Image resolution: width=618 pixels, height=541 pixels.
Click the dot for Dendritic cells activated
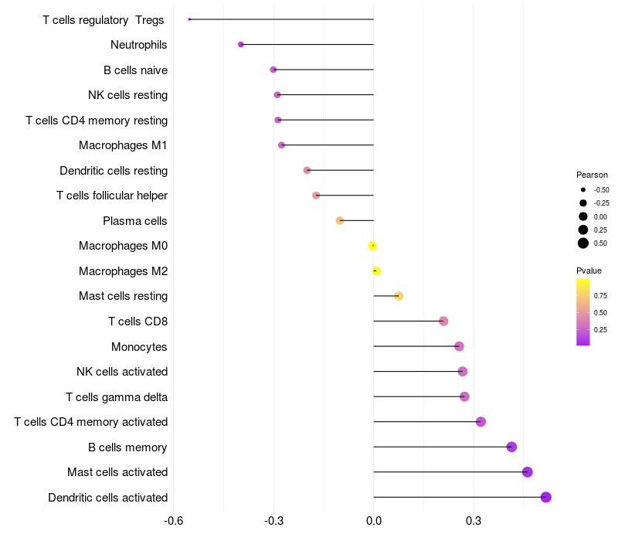(x=546, y=497)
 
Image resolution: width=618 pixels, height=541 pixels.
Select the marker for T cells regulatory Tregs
(x=189, y=19)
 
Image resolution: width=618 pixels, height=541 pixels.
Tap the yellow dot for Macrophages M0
(x=372, y=246)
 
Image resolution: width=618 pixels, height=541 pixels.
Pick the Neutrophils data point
(x=241, y=45)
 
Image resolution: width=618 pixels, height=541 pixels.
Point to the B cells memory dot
(x=511, y=447)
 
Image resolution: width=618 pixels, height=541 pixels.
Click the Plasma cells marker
(x=340, y=221)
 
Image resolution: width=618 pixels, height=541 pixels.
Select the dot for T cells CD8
(x=443, y=322)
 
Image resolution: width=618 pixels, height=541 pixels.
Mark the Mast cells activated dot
(x=528, y=472)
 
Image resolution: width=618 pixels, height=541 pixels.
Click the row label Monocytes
(x=139, y=346)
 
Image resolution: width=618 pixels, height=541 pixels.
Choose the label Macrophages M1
(x=123, y=145)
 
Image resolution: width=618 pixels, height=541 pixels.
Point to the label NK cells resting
(x=127, y=95)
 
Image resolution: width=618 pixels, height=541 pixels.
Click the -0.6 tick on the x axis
(x=175, y=521)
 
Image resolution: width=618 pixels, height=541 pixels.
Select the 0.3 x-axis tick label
(x=474, y=521)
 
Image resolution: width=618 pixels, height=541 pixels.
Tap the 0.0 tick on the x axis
(x=374, y=521)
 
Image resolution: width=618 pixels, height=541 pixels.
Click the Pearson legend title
(x=592, y=175)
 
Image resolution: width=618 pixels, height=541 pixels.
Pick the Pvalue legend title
(x=589, y=270)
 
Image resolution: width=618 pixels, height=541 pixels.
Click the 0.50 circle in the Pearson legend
(x=583, y=243)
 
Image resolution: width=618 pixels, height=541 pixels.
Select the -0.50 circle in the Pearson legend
(x=583, y=189)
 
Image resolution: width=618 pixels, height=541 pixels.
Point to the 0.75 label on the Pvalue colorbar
(x=600, y=295)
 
